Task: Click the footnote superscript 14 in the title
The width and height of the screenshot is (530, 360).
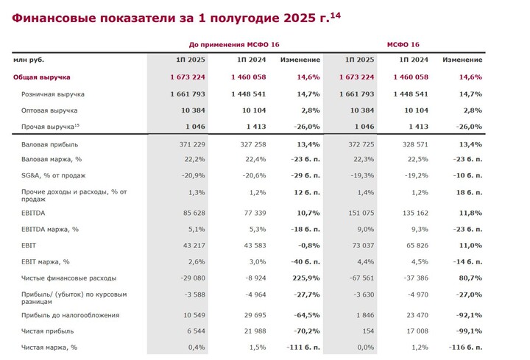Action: [336, 15]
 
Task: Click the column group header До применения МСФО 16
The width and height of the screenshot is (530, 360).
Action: [234, 45]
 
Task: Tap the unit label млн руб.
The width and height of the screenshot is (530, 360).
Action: [29, 60]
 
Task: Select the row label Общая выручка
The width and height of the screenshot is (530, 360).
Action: [41, 77]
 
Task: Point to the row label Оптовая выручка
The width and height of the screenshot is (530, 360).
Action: [49, 110]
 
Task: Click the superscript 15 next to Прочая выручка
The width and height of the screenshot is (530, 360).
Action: [77, 125]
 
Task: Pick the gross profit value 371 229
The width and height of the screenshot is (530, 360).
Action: [192, 145]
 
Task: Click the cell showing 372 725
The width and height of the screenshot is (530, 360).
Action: [361, 145]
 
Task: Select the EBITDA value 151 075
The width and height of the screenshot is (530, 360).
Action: [361, 213]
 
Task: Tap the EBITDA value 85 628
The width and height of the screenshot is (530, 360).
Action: [194, 213]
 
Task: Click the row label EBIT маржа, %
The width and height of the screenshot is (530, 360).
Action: [46, 262]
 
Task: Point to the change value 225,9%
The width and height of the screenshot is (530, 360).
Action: [306, 278]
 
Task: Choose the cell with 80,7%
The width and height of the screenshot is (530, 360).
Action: [470, 278]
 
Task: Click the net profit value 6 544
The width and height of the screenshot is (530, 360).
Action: [197, 331]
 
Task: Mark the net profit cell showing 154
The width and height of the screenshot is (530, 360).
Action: [369, 331]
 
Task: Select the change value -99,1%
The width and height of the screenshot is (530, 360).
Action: [469, 331]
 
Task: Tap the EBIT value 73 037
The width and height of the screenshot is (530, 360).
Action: [364, 246]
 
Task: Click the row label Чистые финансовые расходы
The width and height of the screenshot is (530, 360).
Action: [68, 278]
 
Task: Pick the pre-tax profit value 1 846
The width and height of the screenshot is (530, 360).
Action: [365, 315]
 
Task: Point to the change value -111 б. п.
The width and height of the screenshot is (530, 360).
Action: [303, 347]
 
